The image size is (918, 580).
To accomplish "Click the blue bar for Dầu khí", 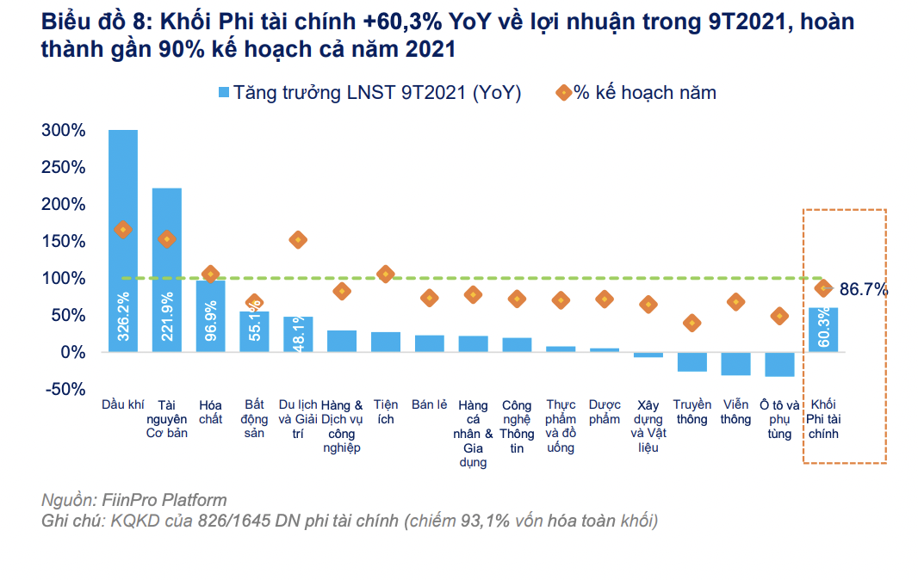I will tap(123, 241).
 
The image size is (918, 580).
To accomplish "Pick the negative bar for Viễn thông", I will tap(735, 363).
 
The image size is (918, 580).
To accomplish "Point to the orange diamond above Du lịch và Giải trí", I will tap(298, 240).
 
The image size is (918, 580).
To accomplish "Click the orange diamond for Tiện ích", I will tap(385, 274).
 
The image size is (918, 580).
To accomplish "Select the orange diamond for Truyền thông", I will tap(692, 323).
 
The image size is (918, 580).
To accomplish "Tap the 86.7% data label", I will tap(863, 290).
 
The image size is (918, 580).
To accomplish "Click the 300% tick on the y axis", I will tap(63, 131).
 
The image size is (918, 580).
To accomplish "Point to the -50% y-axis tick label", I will tap(65, 389).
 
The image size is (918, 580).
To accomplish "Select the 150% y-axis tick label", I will tap(63, 242).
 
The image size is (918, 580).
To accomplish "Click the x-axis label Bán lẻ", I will tap(428, 405).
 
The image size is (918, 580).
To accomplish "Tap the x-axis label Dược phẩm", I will tap(605, 412).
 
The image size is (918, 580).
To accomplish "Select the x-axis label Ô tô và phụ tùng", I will tap(779, 419).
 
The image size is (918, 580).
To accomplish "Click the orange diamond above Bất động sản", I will tap(254, 303).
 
